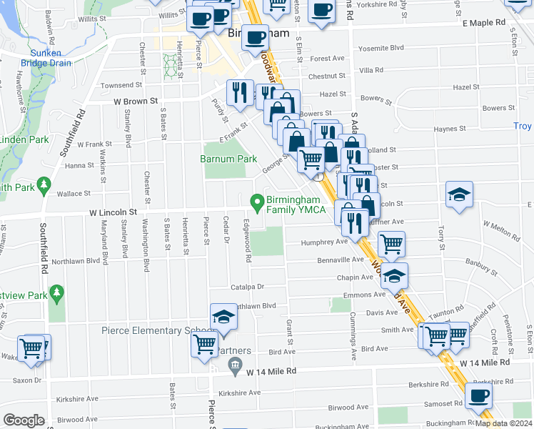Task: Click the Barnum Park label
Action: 228,158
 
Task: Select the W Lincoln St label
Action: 113,212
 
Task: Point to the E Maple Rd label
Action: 483,23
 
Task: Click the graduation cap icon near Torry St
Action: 459,194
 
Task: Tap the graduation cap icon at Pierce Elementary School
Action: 223,317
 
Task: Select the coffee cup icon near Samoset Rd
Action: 478,395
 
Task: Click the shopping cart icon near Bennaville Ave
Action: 391,244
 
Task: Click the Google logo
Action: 24,420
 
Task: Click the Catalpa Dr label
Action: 247,287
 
